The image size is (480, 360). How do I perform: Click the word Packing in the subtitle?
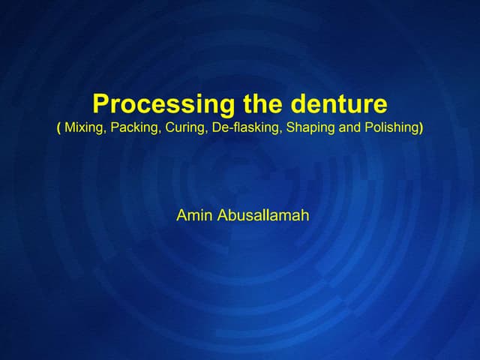point(133,128)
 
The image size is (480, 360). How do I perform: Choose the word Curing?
point(184,128)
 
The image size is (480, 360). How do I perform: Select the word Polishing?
point(391,128)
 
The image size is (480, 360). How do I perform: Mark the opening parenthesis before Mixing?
point(58,128)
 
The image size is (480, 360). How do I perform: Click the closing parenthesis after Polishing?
point(421,128)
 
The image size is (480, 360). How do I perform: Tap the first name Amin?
point(194,216)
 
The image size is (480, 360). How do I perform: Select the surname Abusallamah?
point(262,216)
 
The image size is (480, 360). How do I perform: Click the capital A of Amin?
point(181,216)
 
